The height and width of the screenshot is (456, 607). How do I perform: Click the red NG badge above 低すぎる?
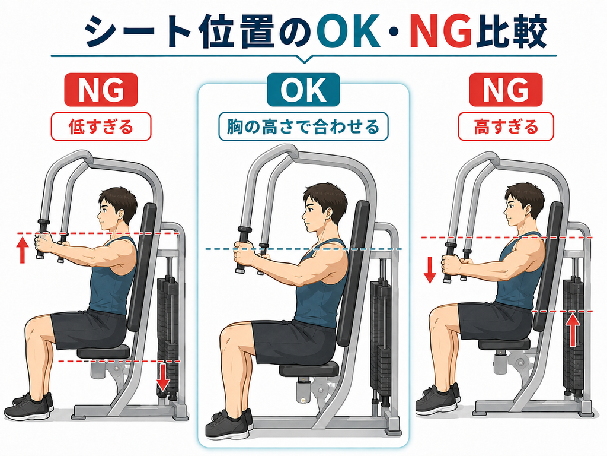click(x=101, y=90)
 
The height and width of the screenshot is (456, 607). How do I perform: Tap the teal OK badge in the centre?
click(x=303, y=90)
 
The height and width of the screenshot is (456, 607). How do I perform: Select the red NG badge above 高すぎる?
click(x=506, y=90)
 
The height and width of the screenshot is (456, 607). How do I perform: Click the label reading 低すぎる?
click(x=101, y=127)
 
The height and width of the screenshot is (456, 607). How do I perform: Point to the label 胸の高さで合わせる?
click(x=303, y=127)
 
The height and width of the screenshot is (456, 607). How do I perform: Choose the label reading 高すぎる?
click(x=506, y=127)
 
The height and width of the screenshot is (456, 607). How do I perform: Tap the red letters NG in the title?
click(x=441, y=33)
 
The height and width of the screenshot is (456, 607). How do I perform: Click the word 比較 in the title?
click(x=511, y=33)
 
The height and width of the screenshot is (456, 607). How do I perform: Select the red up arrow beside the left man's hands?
click(x=23, y=250)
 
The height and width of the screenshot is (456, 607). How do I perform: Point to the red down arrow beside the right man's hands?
click(x=430, y=271)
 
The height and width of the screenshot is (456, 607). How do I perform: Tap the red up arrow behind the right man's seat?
click(x=573, y=330)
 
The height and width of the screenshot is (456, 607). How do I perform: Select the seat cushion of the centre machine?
click(x=309, y=369)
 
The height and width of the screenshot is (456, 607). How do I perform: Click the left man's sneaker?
click(x=28, y=407)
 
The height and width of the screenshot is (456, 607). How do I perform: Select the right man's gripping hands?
click(x=452, y=264)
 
